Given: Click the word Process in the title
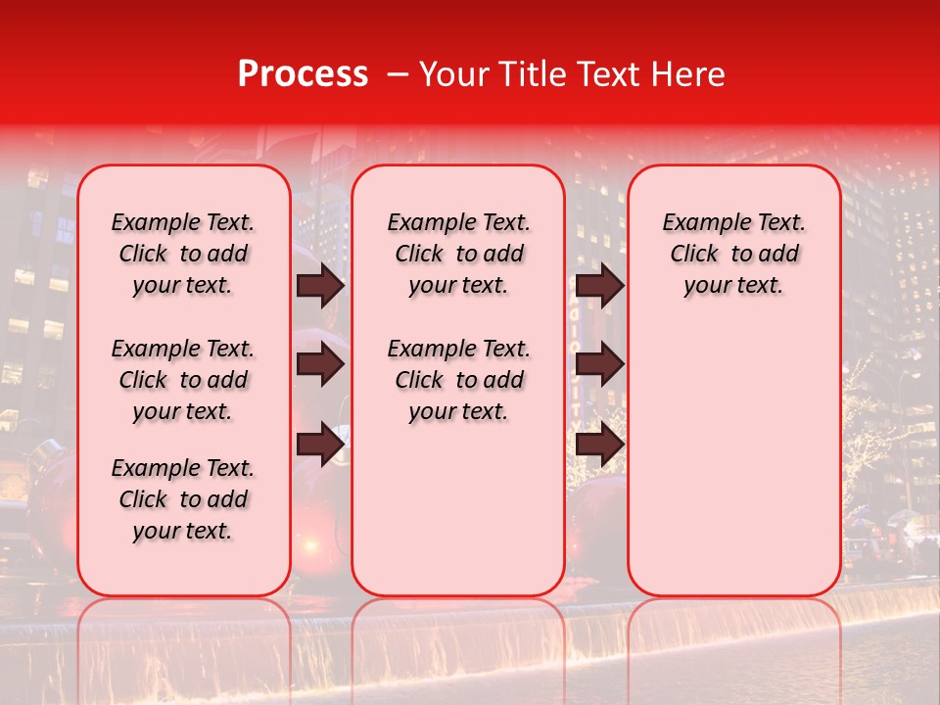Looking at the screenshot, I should (302, 74).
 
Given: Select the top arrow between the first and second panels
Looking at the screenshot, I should (320, 285).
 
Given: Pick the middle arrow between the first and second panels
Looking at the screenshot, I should (320, 364).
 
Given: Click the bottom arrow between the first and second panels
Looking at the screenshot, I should (320, 445).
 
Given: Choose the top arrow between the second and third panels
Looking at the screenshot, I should (599, 285).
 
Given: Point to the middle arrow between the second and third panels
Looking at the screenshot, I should (599, 364).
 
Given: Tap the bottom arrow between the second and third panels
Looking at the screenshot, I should (599, 445).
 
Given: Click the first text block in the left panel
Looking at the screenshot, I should (183, 254).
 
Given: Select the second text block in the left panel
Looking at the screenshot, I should (183, 380).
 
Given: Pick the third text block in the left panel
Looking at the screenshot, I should (183, 499).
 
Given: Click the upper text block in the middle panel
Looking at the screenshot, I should (458, 254).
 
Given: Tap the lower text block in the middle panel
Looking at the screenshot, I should (458, 380).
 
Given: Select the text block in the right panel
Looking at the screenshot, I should (734, 254).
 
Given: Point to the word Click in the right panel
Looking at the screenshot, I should (694, 255).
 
